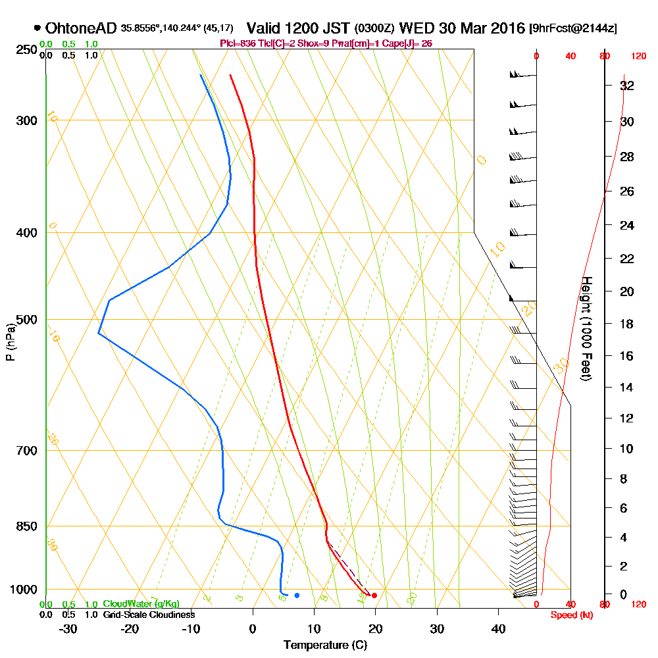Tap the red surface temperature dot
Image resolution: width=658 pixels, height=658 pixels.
pyautogui.click(x=374, y=595)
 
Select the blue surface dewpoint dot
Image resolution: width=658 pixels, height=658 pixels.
pyautogui.click(x=297, y=595)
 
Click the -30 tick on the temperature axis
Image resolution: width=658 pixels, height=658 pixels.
pyautogui.click(x=68, y=628)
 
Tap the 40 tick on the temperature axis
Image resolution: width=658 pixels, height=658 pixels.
pyautogui.click(x=497, y=628)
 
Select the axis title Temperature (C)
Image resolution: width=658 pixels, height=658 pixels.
pyautogui.click(x=325, y=645)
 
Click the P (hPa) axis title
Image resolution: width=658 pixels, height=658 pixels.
pyautogui.click(x=10, y=342)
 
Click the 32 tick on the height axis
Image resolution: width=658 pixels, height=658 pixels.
pyautogui.click(x=627, y=86)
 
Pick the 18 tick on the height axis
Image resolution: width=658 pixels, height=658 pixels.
pyautogui.click(x=627, y=324)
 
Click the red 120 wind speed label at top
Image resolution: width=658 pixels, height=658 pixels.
pyautogui.click(x=638, y=57)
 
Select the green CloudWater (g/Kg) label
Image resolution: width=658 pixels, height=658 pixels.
pyautogui.click(x=140, y=604)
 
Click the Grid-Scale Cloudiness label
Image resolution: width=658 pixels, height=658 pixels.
pyautogui.click(x=148, y=615)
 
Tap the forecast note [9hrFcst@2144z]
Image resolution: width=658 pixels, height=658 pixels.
pyautogui.click(x=572, y=29)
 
